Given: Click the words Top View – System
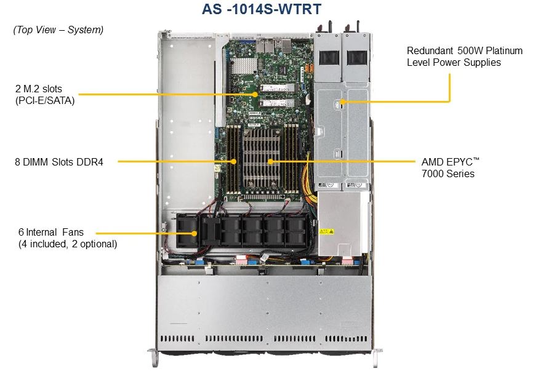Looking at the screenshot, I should (x=58, y=30).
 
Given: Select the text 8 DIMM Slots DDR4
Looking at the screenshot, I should (x=59, y=162).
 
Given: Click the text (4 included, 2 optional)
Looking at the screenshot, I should (x=68, y=244).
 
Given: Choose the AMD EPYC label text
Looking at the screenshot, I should (x=450, y=162).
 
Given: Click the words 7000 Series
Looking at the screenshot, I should (x=448, y=174).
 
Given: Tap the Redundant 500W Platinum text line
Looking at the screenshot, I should (x=464, y=50).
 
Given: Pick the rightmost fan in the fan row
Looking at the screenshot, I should (x=294, y=231).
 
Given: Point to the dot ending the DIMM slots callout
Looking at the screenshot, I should (x=234, y=162).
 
